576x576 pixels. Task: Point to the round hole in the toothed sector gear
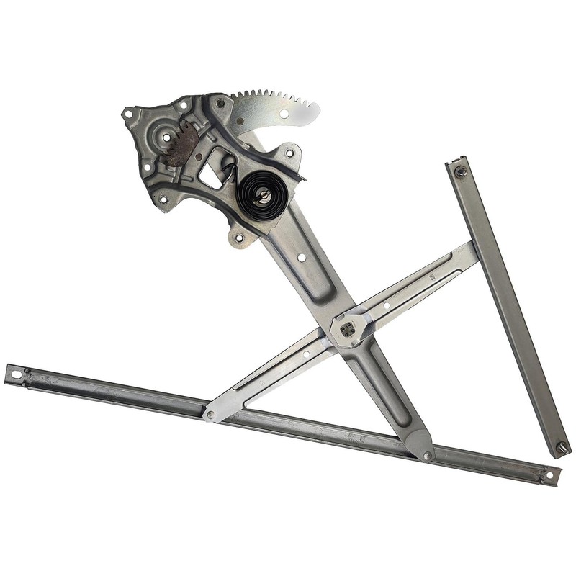284,113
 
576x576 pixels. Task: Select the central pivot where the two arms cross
348,330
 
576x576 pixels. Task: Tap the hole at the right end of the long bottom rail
549,475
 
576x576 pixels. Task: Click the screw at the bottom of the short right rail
562,446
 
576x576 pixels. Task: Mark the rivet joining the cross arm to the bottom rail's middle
210,414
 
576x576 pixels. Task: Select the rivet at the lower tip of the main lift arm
426,455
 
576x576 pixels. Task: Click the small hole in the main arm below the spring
302,257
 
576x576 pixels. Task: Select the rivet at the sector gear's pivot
220,103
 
